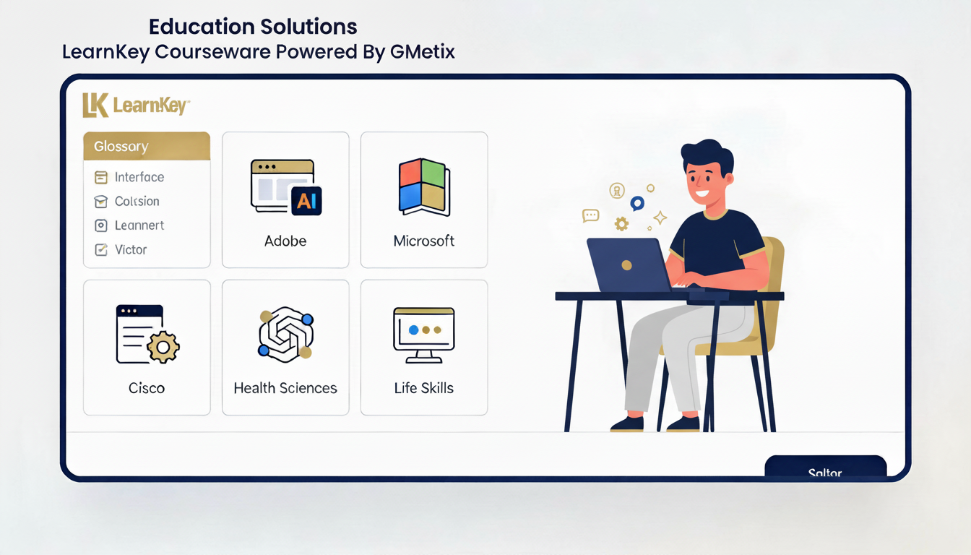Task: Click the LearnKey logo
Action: click(136, 106)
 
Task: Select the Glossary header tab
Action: click(147, 146)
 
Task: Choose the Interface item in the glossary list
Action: click(139, 177)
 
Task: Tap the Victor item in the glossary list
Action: click(131, 249)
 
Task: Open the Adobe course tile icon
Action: click(285, 187)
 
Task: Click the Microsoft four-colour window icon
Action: click(424, 187)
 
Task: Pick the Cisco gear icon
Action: click(163, 348)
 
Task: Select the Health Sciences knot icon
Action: click(285, 335)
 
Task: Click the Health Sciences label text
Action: click(285, 388)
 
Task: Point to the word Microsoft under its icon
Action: click(424, 241)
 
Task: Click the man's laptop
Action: click(629, 264)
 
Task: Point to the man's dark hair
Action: click(707, 155)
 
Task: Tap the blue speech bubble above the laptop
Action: click(636, 204)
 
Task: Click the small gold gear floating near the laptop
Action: click(621, 224)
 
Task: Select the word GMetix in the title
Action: click(422, 52)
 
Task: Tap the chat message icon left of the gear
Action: click(591, 215)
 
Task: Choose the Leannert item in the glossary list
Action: click(139, 225)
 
